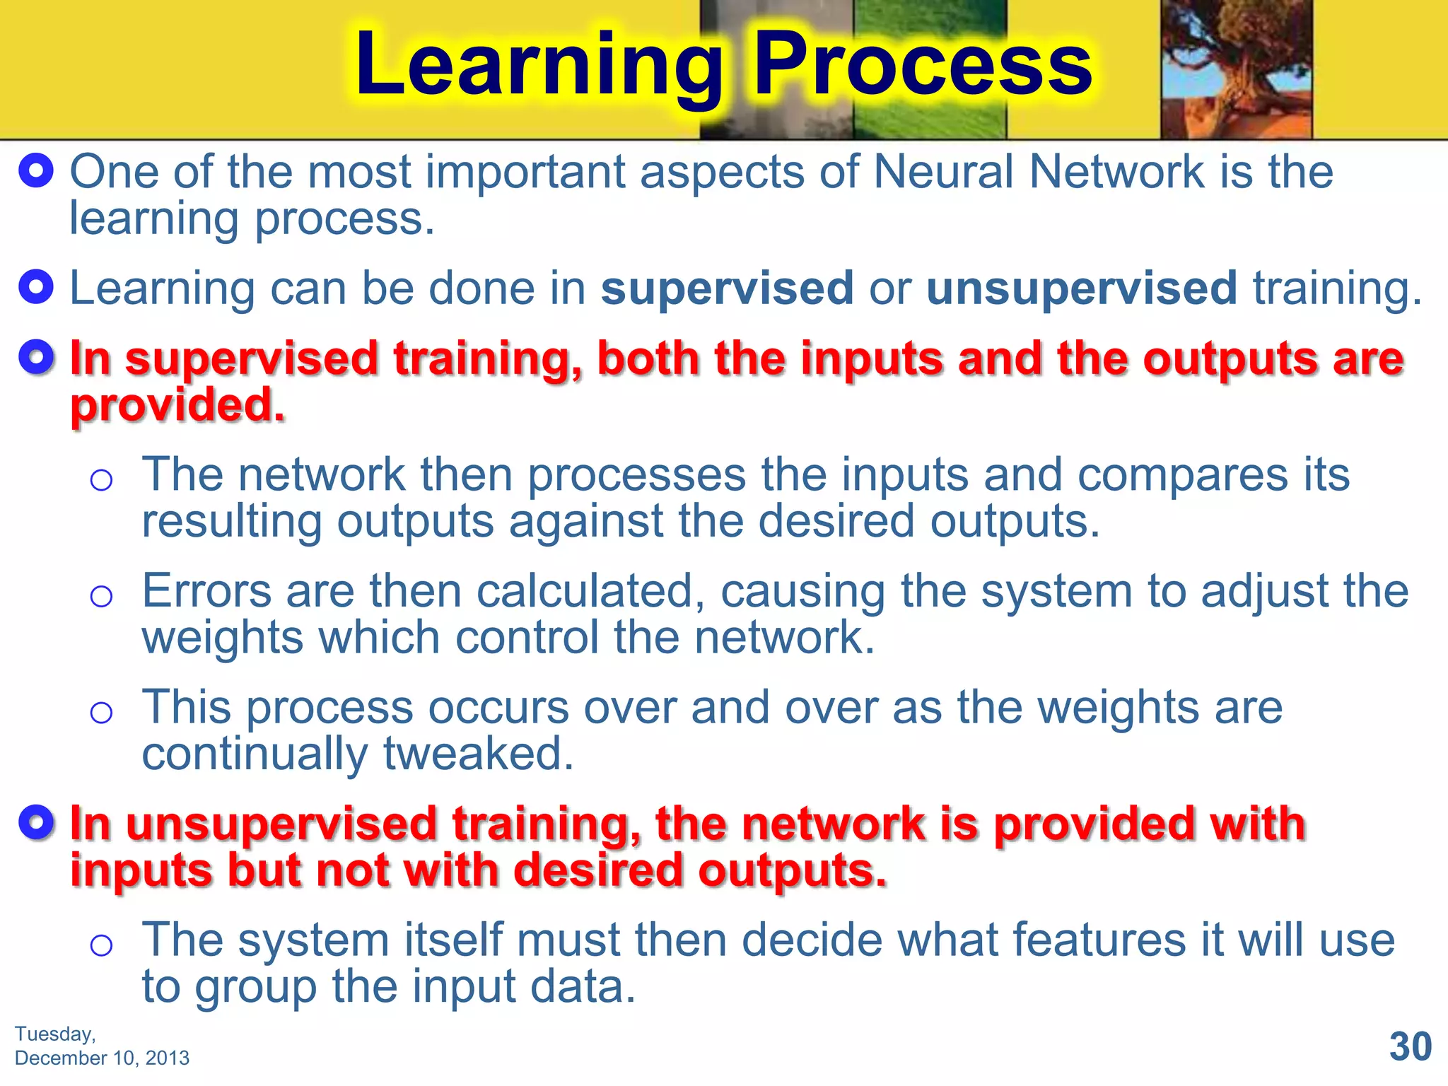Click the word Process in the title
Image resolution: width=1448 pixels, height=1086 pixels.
coord(923,65)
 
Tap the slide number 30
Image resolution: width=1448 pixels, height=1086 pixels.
coord(1410,1046)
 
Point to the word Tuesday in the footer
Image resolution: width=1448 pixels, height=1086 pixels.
coord(55,1034)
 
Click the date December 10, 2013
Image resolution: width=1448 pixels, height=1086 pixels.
coord(102,1058)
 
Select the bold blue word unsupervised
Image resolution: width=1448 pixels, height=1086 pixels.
coord(1081,288)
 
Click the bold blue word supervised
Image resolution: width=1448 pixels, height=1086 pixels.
coord(727,288)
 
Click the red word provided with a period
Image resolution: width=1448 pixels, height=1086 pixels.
coord(177,406)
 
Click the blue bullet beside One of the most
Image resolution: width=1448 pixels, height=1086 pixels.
coord(36,171)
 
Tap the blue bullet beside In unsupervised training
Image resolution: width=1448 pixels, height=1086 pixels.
coord(36,823)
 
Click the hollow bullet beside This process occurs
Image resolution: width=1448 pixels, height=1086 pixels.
coord(102,713)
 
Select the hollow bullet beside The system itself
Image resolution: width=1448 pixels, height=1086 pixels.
coord(102,945)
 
